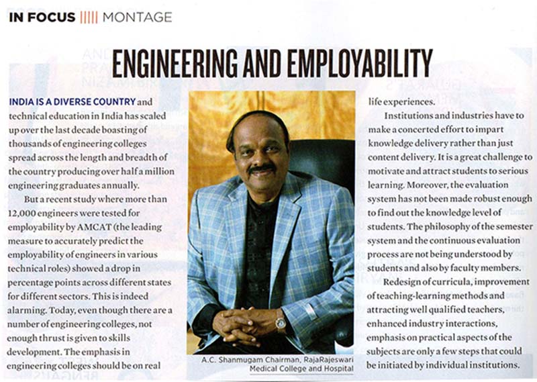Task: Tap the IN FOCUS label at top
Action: pyautogui.click(x=42, y=17)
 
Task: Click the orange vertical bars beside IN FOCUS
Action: pyautogui.click(x=89, y=17)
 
